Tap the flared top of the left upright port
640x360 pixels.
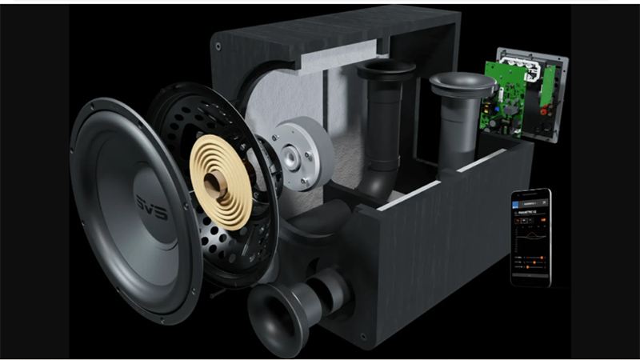[386, 71]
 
